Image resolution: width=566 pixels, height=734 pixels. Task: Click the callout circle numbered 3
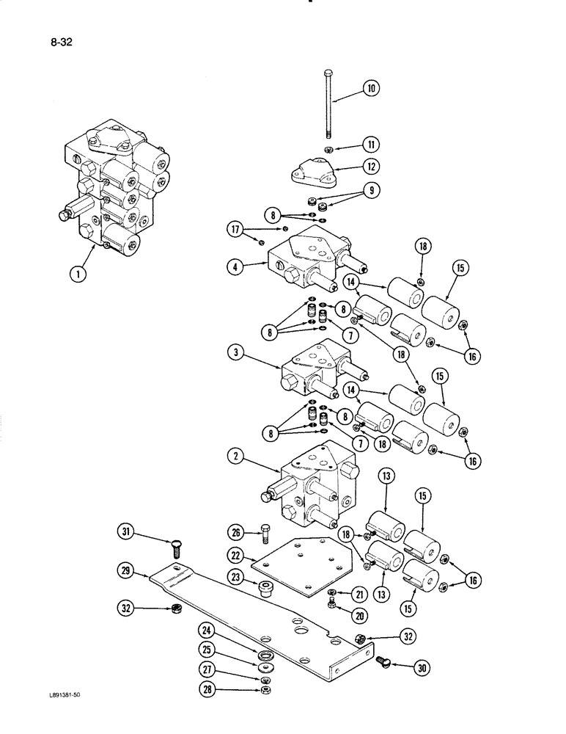coord(237,352)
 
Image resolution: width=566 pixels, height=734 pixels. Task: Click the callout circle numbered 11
coord(373,145)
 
